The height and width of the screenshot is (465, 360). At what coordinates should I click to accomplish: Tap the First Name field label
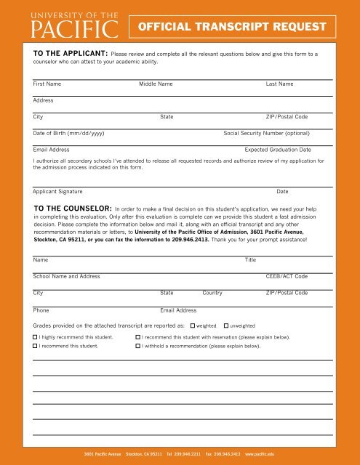(x=47, y=85)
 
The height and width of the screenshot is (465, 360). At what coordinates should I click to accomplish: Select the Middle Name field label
(x=156, y=85)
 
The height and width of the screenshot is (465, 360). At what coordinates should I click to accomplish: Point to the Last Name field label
(x=280, y=85)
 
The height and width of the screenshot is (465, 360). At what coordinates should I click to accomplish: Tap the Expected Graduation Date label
(x=278, y=149)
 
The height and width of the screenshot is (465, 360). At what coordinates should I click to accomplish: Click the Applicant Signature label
(x=57, y=191)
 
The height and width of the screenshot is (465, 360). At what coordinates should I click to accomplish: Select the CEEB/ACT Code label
(x=287, y=277)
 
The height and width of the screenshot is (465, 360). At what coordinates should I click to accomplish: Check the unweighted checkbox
(x=226, y=326)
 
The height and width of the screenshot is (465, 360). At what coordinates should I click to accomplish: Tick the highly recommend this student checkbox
(x=36, y=338)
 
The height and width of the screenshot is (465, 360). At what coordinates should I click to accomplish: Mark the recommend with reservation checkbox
(x=138, y=338)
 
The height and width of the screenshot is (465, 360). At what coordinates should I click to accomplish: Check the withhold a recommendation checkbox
(x=138, y=347)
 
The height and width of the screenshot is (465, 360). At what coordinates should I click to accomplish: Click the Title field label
(x=250, y=259)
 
